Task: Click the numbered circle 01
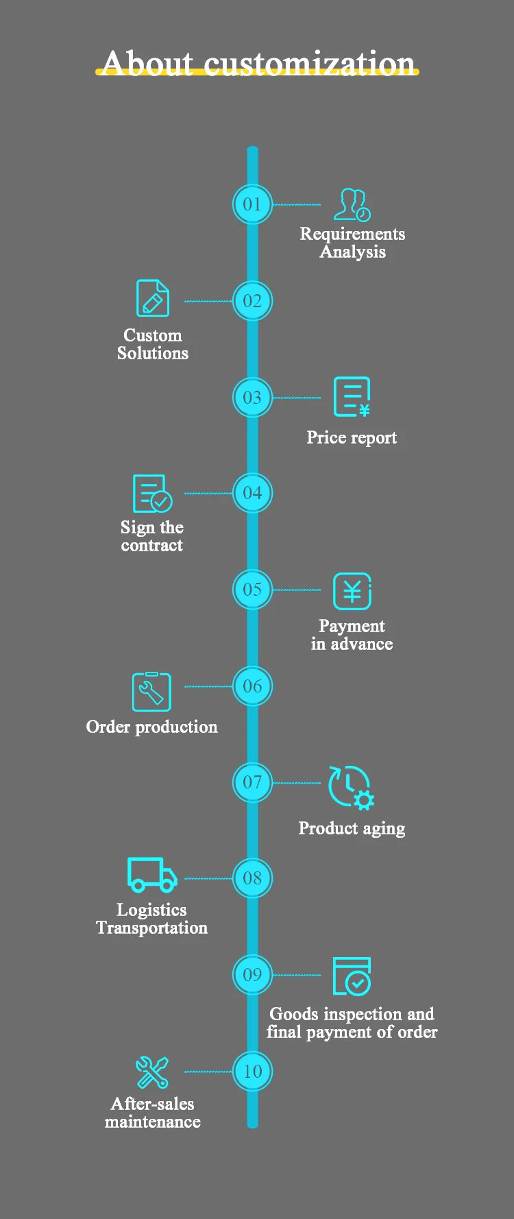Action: coord(252,204)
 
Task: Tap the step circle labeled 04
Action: coord(252,493)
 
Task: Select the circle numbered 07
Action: coord(252,782)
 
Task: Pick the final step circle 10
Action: coord(252,1072)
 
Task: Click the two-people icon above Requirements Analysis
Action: coord(352,205)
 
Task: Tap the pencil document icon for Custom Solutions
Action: coord(152,298)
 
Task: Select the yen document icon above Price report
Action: coord(352,396)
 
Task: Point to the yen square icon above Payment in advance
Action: coord(352,591)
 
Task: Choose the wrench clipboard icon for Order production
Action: coord(151,692)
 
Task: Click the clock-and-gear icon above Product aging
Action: coord(351,787)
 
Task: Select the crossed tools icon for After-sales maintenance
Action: coord(152,1072)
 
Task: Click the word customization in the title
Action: coord(309,63)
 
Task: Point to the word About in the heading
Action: coord(147,63)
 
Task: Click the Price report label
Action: coord(352,437)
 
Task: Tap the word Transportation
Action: coord(151,928)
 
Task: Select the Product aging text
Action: coord(352,828)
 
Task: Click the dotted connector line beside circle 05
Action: coord(297,590)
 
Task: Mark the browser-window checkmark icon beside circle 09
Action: coord(352,976)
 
